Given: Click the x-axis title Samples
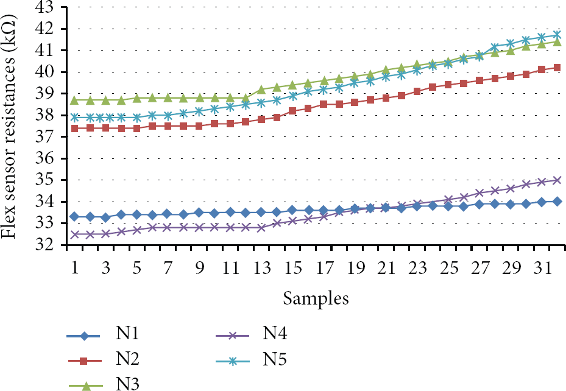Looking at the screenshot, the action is tap(316, 298).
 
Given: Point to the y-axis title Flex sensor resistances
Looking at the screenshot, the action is tap(9, 126).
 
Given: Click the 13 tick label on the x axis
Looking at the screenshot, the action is tap(262, 268).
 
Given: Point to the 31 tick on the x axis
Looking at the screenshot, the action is tap(542, 268).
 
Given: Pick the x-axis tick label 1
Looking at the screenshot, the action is tap(75, 268).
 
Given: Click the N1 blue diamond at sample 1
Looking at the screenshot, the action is tap(74, 216).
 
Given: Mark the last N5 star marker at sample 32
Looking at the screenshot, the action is tap(557, 35).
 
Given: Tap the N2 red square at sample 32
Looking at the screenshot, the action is tap(557, 68).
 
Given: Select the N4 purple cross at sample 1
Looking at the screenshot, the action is tap(74, 234).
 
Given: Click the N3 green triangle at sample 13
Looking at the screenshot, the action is tap(261, 89).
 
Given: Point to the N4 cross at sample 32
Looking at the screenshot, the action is tap(557, 180).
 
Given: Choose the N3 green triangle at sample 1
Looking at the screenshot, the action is tap(74, 99).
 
